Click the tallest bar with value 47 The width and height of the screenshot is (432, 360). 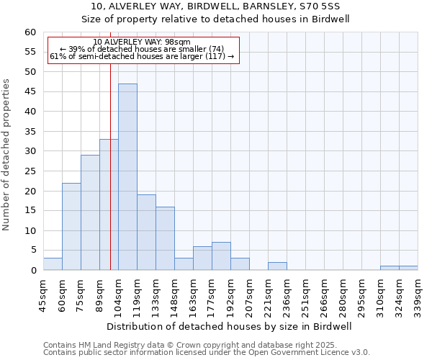127,177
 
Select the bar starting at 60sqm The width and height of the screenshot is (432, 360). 71,227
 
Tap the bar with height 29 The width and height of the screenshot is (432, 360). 90,212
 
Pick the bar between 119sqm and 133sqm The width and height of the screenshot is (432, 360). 146,233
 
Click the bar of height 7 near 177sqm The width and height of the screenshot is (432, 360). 221,256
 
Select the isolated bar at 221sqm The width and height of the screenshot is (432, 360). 277,266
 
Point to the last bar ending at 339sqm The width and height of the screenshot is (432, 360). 408,269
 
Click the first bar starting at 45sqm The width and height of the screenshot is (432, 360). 53,264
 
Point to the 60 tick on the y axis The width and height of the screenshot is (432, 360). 30,32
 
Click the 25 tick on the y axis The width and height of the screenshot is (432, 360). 30,171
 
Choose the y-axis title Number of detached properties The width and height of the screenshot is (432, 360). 7,155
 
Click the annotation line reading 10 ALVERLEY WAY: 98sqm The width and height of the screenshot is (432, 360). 142,42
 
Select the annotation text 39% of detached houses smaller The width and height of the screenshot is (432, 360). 142,49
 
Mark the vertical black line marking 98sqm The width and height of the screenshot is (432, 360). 110,180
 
